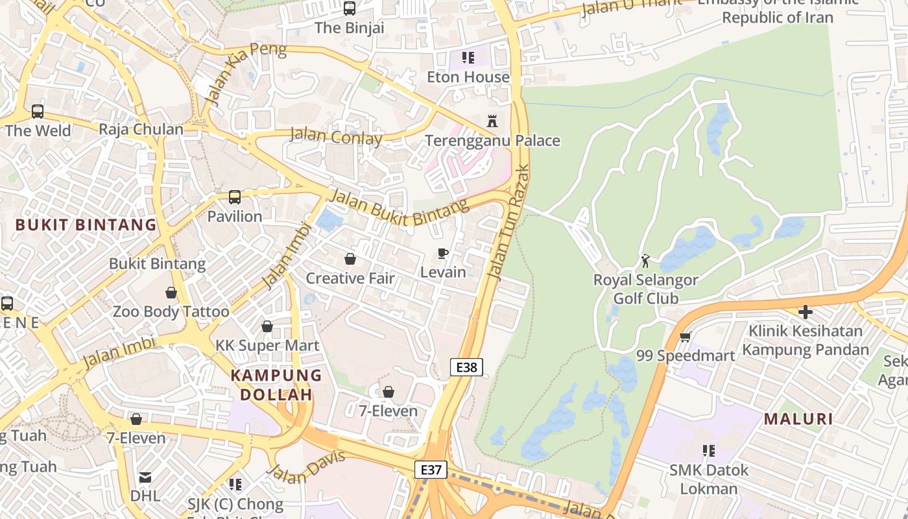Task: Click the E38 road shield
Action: pos(466,367)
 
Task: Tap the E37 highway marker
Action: pos(431,470)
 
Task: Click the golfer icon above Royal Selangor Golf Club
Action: pos(645,261)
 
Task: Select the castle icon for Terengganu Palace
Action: pos(492,121)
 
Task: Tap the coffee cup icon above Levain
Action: pos(443,253)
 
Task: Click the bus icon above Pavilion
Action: pos(235,197)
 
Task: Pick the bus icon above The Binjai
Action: pos(350,8)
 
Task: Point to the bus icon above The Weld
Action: pos(38,111)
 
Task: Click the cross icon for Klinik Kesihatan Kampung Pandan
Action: pos(805,312)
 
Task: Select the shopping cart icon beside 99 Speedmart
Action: pos(686,337)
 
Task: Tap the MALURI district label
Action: pos(798,419)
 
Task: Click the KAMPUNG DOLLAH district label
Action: pos(276,385)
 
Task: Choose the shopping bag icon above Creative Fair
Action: pos(350,259)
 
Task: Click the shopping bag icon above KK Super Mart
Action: pos(267,326)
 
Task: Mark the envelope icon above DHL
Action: pos(145,477)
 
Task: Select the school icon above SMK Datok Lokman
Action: pos(708,450)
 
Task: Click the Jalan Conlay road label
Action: pos(335,136)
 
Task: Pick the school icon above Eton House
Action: pos(468,58)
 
